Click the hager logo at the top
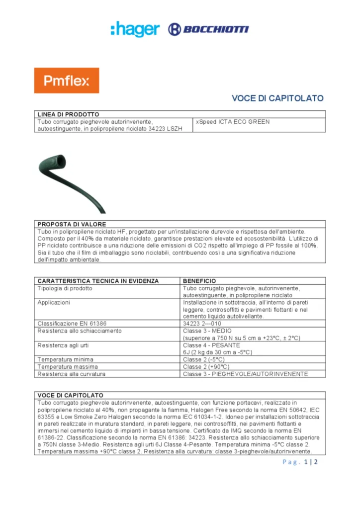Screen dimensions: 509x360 [x=135, y=29]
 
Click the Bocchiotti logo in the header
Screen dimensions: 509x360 [x=209, y=29]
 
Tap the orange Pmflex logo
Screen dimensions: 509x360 [x=66, y=81]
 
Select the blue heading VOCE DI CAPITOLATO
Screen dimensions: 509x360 [x=277, y=98]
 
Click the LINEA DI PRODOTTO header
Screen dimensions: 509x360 [x=69, y=114]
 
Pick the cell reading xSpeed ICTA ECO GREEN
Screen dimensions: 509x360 [x=233, y=122]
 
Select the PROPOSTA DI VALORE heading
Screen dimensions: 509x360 [x=72, y=224]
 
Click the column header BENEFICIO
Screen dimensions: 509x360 [x=199, y=281]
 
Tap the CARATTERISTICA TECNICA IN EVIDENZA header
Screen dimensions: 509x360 [x=98, y=281]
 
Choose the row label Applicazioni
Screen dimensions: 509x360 [x=54, y=302]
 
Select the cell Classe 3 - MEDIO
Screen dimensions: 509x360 [x=207, y=331]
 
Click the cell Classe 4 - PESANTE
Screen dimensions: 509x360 [x=211, y=345]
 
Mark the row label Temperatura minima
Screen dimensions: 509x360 [x=65, y=359]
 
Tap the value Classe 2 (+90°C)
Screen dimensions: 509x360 [x=204, y=366]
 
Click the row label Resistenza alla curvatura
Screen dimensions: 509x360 [x=72, y=374]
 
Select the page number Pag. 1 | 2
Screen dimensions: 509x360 [x=300, y=462]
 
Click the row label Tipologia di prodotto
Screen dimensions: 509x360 [x=65, y=288]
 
